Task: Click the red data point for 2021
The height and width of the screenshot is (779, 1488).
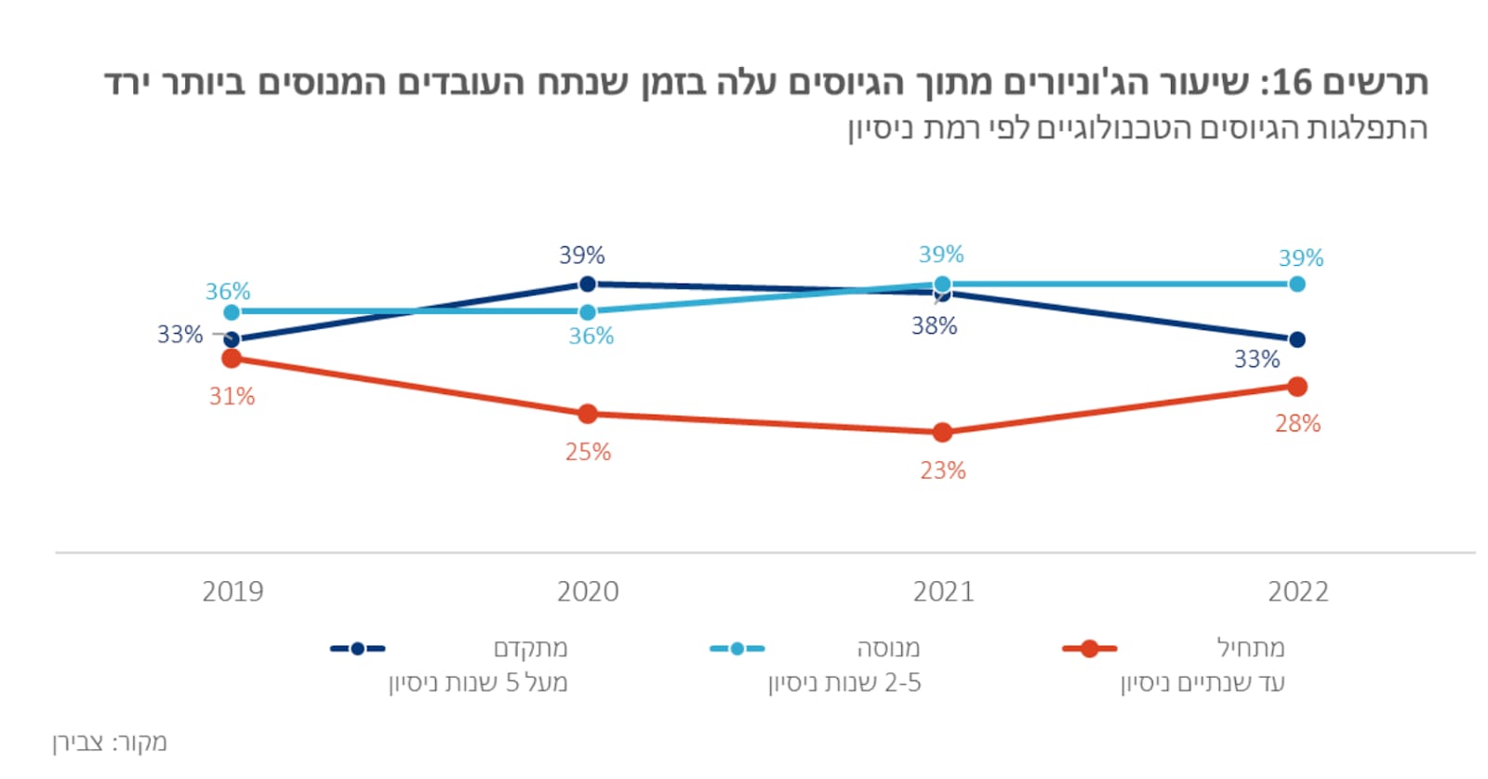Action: [x=942, y=432]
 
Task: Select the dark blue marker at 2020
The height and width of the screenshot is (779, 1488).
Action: [x=587, y=284]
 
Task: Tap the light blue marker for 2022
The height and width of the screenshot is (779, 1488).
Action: [x=1297, y=284]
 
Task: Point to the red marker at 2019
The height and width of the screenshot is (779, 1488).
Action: [x=232, y=358]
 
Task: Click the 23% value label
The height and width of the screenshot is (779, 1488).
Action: [x=943, y=470]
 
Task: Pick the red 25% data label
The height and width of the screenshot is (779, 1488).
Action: [x=588, y=452]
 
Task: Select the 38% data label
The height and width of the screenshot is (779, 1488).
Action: [x=934, y=325]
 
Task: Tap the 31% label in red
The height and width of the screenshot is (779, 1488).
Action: [x=232, y=396]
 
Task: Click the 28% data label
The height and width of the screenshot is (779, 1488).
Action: [x=1297, y=423]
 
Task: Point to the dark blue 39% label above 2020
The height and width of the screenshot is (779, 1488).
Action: [x=581, y=255]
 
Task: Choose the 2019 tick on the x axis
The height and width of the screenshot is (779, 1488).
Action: [x=232, y=591]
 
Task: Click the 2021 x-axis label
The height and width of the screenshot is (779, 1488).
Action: [x=943, y=591]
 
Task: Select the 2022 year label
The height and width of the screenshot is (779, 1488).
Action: [x=1298, y=591]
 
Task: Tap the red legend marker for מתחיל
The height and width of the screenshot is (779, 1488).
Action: [x=1089, y=648]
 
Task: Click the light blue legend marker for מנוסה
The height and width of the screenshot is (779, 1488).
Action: [x=737, y=648]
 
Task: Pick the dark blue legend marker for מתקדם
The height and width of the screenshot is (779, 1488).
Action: [x=357, y=648]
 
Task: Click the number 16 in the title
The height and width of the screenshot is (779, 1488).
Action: [x=1291, y=83]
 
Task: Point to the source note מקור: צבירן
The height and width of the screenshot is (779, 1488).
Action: [x=110, y=742]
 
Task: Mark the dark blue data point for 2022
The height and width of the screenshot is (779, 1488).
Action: [x=1297, y=339]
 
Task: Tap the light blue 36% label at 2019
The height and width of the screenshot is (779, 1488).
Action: [x=228, y=291]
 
